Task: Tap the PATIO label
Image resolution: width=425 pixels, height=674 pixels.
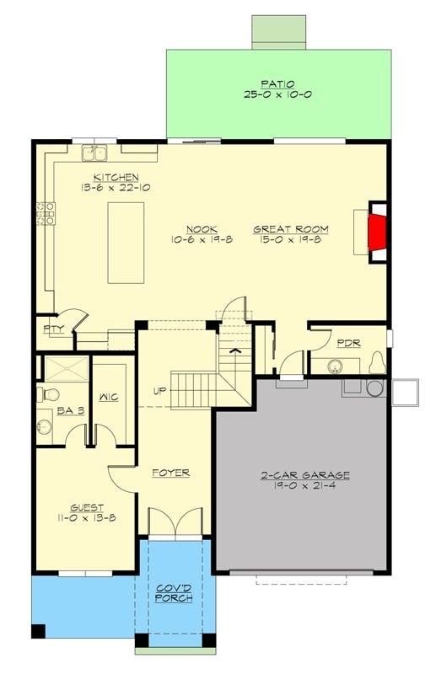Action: coord(277,83)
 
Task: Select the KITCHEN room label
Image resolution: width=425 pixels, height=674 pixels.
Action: coord(116,177)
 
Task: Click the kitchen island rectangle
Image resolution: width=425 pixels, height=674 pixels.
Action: coord(126,242)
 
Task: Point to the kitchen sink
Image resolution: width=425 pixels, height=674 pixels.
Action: coord(94,152)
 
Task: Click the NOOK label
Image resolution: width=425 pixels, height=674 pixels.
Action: coord(203,229)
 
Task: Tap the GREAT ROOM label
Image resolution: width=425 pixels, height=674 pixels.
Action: coord(291,229)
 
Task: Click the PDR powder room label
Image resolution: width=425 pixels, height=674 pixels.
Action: coord(349,343)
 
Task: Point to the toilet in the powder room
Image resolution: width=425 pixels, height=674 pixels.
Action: coord(376,363)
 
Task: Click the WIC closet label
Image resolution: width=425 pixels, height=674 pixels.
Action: coord(108,397)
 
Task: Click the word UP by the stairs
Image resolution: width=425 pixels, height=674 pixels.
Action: coord(159,390)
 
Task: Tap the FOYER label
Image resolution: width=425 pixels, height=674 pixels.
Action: coord(170,473)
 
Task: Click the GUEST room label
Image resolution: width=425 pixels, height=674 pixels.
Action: coord(87,507)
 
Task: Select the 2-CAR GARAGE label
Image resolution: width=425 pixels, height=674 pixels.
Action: coord(305,475)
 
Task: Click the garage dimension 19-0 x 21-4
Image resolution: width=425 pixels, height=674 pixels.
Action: coord(305,486)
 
